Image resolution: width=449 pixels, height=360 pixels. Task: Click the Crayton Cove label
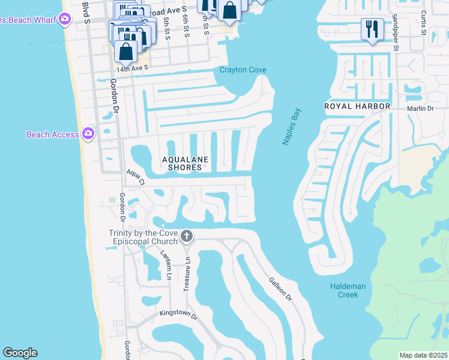(243, 70)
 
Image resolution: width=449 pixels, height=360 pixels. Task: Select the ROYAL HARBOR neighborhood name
(357, 106)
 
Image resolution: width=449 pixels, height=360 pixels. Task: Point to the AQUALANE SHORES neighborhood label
(185, 163)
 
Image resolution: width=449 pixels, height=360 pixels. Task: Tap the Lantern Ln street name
(166, 265)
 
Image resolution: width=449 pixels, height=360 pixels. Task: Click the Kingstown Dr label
(178, 314)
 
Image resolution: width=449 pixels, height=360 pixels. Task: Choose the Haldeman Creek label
(348, 290)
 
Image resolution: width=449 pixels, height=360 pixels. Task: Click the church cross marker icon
(186, 236)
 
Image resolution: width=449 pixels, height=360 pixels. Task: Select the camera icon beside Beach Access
(88, 134)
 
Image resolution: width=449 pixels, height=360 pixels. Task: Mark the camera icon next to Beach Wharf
(65, 20)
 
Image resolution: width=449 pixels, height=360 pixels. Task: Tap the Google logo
(20, 353)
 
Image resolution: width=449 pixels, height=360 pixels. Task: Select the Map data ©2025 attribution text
(423, 355)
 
